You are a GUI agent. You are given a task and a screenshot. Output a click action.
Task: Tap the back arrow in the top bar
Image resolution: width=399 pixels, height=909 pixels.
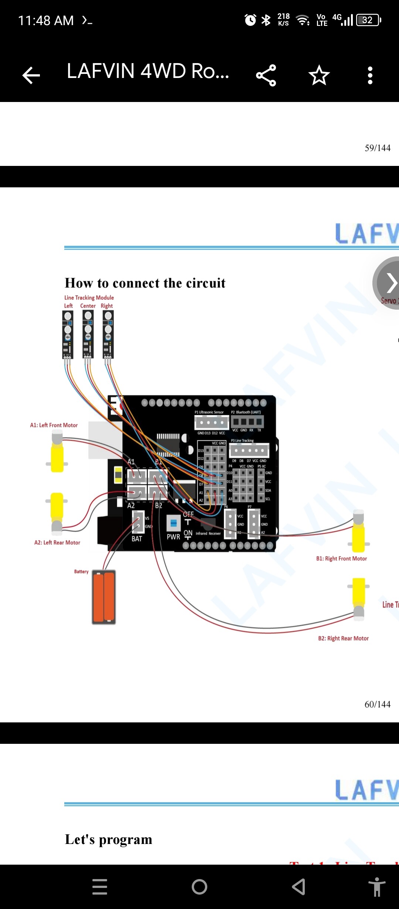[x=31, y=75]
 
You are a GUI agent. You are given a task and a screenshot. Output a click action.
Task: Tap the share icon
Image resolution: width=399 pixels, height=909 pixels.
[x=266, y=75]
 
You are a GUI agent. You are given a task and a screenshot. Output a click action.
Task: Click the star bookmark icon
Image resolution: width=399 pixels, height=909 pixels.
[x=319, y=75]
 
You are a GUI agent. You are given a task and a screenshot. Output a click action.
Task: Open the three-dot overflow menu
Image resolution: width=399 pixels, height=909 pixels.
[x=370, y=75]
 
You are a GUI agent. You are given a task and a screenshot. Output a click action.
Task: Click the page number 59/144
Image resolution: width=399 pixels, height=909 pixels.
[x=377, y=148]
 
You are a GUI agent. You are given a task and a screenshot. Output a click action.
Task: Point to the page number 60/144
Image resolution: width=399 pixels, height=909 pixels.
[x=377, y=704]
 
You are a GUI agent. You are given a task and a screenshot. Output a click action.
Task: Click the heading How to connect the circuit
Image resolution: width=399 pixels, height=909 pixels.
[x=145, y=283]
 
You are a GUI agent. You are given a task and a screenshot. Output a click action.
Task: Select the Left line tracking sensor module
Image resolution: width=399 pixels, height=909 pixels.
[x=68, y=334]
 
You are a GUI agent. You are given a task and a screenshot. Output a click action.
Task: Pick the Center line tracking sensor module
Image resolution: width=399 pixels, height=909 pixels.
[x=88, y=334]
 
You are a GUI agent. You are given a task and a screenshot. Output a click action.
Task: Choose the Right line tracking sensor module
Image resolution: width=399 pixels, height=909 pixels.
[x=108, y=334]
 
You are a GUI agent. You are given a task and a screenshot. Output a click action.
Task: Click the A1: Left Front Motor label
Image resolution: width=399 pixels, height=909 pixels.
[x=54, y=425]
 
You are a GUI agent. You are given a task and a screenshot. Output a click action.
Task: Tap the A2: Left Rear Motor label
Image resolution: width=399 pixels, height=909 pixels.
[x=57, y=542]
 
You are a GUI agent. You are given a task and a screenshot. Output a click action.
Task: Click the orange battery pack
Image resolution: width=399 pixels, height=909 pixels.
[x=104, y=597]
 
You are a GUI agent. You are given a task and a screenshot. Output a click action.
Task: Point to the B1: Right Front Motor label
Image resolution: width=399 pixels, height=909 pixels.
[x=341, y=559]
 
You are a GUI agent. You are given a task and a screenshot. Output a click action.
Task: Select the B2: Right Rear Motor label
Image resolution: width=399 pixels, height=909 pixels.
[x=343, y=639]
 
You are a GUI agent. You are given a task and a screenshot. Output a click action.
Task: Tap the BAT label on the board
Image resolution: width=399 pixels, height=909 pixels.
[x=137, y=539]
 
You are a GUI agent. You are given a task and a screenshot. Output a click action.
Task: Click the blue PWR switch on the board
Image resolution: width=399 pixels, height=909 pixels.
[x=173, y=523]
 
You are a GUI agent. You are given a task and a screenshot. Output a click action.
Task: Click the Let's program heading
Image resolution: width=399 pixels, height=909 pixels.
[x=109, y=840]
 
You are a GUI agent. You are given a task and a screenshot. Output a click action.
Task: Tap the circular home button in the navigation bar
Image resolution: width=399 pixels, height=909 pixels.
[x=199, y=886]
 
